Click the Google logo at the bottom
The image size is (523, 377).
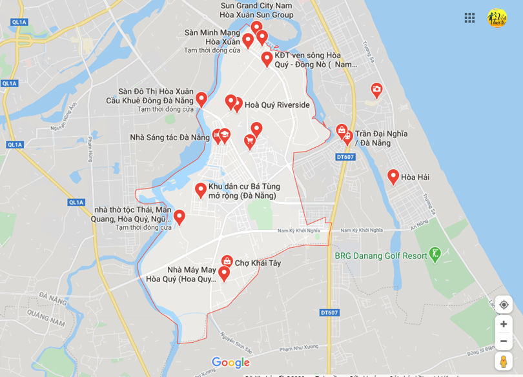click(231, 363)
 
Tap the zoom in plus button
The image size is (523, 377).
click(504, 324)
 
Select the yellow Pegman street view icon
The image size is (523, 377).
click(504, 361)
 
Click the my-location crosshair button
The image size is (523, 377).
click(504, 305)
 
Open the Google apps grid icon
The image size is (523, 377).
click(469, 17)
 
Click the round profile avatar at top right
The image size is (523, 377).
click(497, 17)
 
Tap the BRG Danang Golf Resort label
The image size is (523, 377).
click(380, 256)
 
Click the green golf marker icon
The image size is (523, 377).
click(435, 254)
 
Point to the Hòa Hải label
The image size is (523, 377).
click(415, 177)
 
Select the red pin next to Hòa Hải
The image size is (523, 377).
click(393, 176)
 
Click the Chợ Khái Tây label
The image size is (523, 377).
click(258, 263)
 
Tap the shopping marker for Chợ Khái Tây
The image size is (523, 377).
click(227, 261)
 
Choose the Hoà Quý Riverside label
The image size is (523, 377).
click(277, 105)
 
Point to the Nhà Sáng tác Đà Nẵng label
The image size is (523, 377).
click(169, 138)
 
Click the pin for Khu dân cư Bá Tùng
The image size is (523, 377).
click(201, 190)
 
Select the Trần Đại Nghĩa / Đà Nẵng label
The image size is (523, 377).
click(381, 138)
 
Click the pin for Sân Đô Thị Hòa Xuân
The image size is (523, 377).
click(201, 99)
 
